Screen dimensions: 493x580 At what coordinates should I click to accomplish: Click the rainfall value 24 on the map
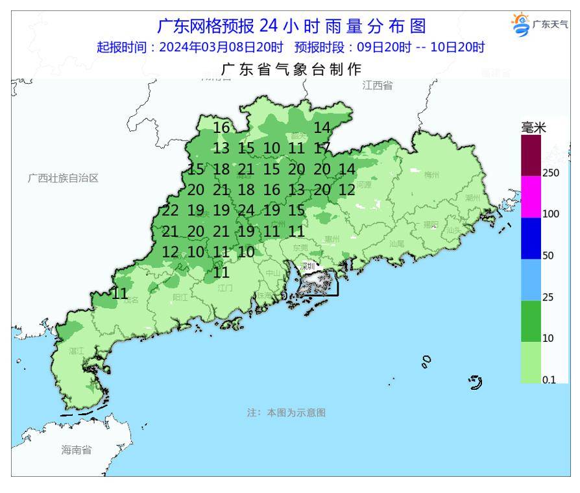coord(246,210)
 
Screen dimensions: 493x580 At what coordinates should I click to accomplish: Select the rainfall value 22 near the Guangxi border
coord(170,210)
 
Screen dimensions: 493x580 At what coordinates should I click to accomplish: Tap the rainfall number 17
coord(322,148)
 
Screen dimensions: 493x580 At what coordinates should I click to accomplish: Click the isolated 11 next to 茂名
coord(119,294)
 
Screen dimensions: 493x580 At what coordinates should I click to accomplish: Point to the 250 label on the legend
coord(551,173)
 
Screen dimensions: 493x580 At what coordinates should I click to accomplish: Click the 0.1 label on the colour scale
coord(549,380)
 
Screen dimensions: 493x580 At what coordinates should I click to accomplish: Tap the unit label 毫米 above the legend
coord(533,128)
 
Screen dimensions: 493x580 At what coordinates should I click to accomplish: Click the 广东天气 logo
coord(540,25)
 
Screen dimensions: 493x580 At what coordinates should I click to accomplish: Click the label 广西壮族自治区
coord(63,178)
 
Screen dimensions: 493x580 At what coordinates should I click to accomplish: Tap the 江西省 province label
coord(378,86)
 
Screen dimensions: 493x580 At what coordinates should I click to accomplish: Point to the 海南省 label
coord(77,450)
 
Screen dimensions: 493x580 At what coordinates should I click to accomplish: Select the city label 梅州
coord(431,175)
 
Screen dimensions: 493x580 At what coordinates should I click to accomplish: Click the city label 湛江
coord(77,350)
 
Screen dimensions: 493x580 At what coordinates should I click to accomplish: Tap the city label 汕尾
coord(396,243)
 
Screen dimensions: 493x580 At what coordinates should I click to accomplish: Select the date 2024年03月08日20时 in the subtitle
coord(221,47)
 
